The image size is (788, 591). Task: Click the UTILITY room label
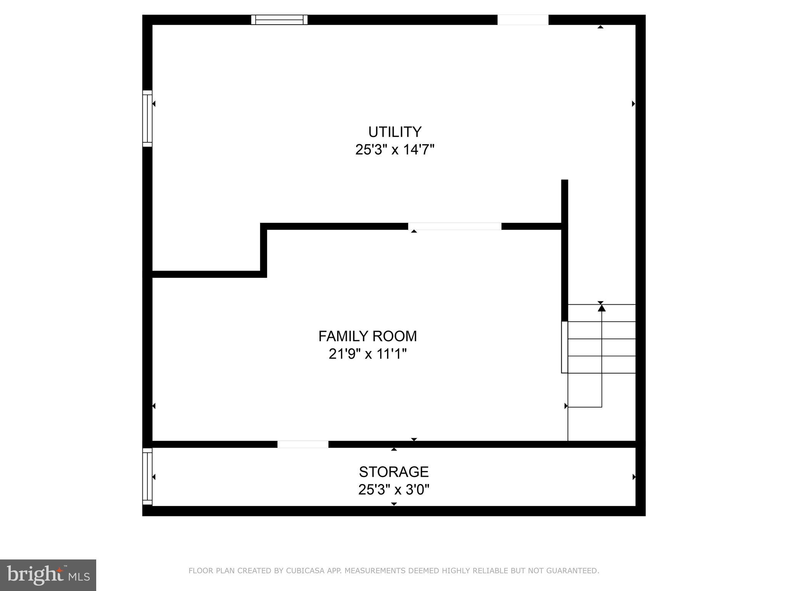[395, 132]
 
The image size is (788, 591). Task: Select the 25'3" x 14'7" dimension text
[395, 150]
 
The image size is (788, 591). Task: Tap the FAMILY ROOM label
[367, 336]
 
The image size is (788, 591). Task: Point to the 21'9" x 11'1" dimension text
[367, 354]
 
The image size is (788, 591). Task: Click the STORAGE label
[394, 472]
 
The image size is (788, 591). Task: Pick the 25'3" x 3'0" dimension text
[394, 490]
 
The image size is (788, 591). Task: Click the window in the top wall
[279, 20]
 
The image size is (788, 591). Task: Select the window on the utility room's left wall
[147, 119]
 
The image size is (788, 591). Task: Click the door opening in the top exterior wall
[523, 20]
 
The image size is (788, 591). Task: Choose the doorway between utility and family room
[455, 226]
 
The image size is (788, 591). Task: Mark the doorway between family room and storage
[303, 444]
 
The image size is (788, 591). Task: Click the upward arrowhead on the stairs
[602, 308]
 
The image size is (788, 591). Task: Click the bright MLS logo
[48, 575]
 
